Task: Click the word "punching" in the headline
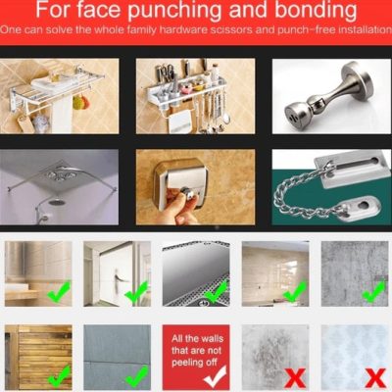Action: click(174, 11)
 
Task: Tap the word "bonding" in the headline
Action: click(316, 10)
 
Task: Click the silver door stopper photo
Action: click(331, 96)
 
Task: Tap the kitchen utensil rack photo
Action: click(195, 96)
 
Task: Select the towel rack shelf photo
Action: click(59, 96)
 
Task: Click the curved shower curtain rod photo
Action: click(59, 187)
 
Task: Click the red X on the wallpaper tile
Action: click(375, 378)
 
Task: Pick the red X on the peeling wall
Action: click(295, 378)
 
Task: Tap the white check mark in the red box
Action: click(215, 375)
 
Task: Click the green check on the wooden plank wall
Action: click(59, 375)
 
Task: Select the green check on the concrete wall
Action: click(374, 292)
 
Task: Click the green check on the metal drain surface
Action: click(216, 292)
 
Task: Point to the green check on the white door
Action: click(136, 293)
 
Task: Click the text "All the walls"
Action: click(197, 338)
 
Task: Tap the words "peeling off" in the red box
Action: click(194, 363)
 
